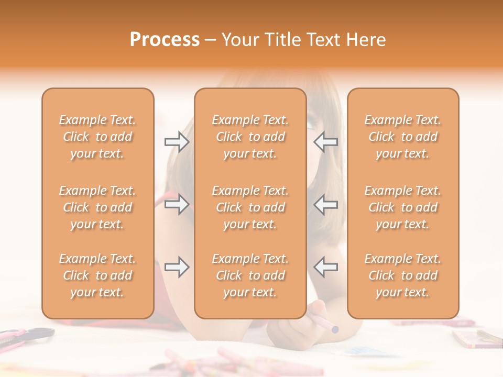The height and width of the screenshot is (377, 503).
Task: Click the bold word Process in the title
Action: pyautogui.click(x=165, y=40)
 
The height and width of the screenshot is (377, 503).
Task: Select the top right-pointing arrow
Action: pyautogui.click(x=177, y=142)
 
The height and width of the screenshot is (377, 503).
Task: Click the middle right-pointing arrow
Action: pyautogui.click(x=177, y=204)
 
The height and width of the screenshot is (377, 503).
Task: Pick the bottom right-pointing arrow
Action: pyautogui.click(x=177, y=267)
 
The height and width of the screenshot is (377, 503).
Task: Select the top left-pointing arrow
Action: pyautogui.click(x=326, y=142)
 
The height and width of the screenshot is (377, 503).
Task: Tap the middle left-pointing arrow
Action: pyautogui.click(x=326, y=204)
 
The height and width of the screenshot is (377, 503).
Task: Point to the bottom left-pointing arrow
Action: pyautogui.click(x=326, y=267)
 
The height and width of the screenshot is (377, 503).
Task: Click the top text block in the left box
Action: pyautogui.click(x=97, y=137)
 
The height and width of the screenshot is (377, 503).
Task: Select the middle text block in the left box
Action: pyautogui.click(x=97, y=207)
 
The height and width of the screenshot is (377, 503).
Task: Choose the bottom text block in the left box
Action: pyautogui.click(x=97, y=275)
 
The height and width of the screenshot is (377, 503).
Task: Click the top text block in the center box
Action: pyautogui.click(x=250, y=137)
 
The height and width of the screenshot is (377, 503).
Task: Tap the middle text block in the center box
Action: pyautogui.click(x=250, y=207)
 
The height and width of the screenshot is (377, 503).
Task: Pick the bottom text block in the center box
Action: pyautogui.click(x=250, y=275)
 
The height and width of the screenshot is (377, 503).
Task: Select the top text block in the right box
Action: pyautogui.click(x=403, y=137)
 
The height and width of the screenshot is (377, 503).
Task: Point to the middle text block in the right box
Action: pyautogui.click(x=403, y=207)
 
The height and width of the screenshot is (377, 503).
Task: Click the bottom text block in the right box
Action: pyautogui.click(x=403, y=275)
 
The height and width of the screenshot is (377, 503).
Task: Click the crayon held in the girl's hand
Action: pyautogui.click(x=325, y=325)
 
